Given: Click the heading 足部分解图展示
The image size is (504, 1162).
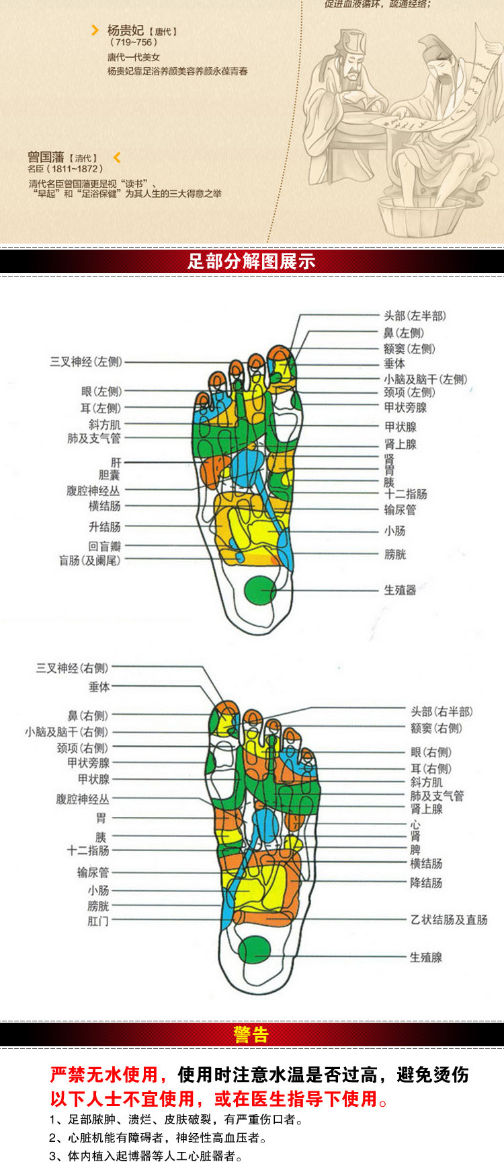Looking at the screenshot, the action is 251,261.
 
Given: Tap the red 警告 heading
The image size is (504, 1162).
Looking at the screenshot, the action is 251,1034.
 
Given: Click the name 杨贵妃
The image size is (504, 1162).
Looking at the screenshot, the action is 126,31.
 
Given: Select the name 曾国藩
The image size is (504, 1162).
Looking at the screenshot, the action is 46,157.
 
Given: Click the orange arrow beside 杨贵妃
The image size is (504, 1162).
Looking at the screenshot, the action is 95,30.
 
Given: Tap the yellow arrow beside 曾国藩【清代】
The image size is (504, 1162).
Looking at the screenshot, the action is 117,157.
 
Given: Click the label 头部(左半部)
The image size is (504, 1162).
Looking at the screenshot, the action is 415,316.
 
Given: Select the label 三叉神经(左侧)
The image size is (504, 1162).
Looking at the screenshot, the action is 86,362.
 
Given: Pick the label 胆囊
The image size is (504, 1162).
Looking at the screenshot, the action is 109,476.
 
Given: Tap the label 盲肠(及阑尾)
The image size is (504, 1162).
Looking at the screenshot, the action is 89,560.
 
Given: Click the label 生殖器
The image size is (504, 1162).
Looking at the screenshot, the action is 400,590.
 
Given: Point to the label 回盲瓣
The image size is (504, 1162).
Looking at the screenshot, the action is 104,546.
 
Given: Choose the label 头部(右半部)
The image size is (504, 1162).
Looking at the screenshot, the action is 442,711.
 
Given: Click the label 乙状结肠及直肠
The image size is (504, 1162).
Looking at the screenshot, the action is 449,920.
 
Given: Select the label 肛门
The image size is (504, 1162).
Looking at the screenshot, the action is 98,921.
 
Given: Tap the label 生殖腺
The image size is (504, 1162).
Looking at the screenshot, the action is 426,957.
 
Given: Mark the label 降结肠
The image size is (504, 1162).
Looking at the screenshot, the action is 426,882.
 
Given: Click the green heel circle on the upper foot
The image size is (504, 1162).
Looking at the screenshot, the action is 259,590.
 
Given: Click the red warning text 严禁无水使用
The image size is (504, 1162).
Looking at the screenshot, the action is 104,1075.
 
